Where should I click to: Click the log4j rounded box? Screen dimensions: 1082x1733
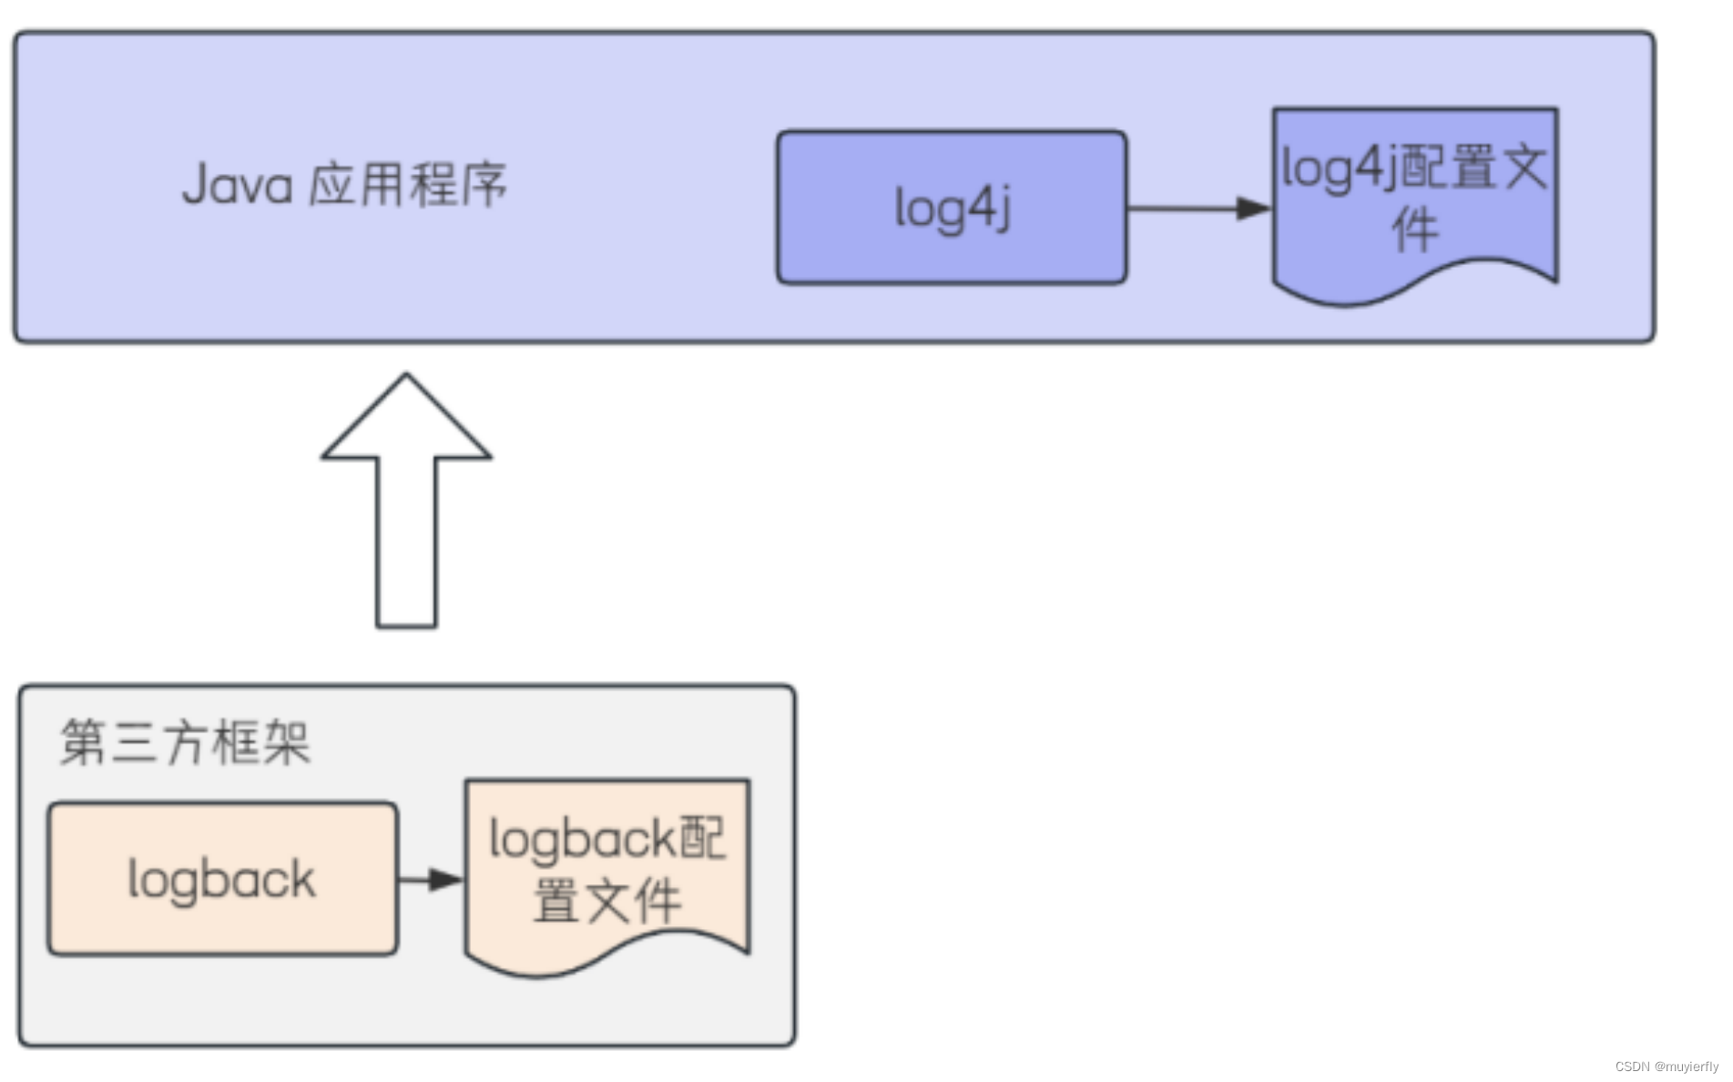tap(951, 208)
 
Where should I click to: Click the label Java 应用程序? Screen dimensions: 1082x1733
tap(344, 185)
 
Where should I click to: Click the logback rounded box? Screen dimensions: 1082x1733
tap(222, 879)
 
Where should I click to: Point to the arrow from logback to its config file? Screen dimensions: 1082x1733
tap(428, 879)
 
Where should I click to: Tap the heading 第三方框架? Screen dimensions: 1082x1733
tap(185, 741)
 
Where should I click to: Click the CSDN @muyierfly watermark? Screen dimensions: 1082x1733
tap(1667, 1067)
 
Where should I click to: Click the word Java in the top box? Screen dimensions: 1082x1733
tap(237, 185)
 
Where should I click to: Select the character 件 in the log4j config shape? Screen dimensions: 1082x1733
tap(1414, 230)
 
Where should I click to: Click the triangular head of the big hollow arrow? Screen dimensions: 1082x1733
tap(406, 419)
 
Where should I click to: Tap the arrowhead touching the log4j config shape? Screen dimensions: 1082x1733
tap(1254, 209)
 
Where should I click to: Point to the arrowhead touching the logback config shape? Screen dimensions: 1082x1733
tap(446, 879)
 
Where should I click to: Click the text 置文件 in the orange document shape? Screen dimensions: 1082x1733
tap(607, 901)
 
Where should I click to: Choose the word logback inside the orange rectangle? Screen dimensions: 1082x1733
tap(222, 880)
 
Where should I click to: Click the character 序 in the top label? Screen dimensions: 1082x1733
tap(484, 185)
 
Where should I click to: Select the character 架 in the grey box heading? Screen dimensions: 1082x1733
tap(286, 741)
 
